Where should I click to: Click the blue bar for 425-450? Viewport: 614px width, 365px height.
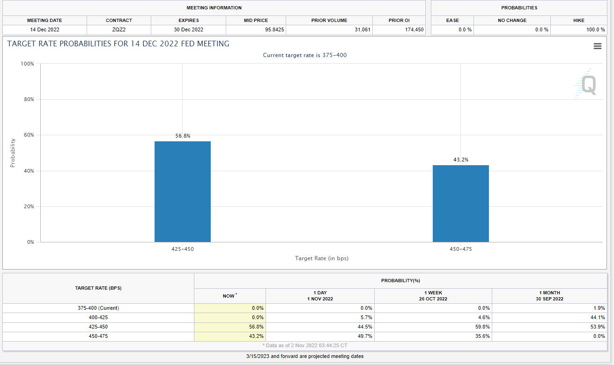tap(183, 192)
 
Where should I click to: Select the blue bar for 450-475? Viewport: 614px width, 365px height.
tap(460, 204)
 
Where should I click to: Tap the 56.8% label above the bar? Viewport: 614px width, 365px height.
tap(183, 136)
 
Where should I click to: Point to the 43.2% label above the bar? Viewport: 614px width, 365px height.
tap(460, 160)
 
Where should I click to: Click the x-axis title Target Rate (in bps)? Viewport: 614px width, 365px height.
tap(321, 258)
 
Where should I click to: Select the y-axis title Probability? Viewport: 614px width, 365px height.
tap(13, 153)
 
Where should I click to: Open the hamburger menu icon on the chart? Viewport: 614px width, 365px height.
tap(597, 46)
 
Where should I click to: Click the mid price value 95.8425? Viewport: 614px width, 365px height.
tap(274, 29)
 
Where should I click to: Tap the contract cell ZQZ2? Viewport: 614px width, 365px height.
tap(119, 29)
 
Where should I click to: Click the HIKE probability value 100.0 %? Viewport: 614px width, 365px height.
tap(595, 29)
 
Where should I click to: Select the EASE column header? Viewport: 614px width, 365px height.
tap(452, 21)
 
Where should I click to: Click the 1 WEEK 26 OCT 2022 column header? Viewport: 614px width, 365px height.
tap(433, 296)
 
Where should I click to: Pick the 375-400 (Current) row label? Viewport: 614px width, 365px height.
tap(98, 308)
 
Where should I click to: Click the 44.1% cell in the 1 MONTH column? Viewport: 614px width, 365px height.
tap(598, 317)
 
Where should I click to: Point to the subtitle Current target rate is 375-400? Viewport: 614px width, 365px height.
tap(304, 55)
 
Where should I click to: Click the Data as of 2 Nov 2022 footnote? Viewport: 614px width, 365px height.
tap(307, 345)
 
